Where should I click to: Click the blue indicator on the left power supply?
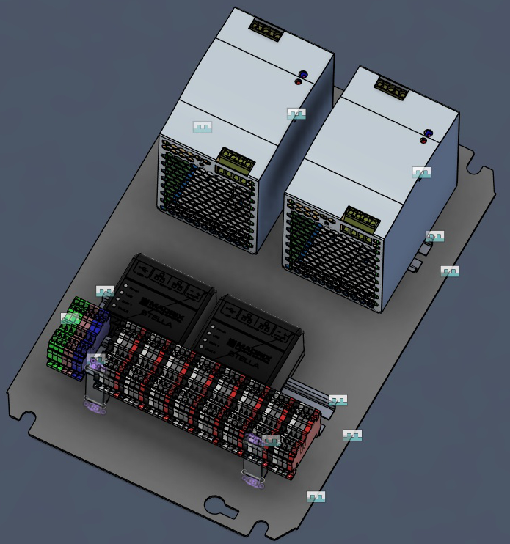pos(302,74)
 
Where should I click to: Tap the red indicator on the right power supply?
pos(423,140)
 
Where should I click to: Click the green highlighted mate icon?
pos(70,318)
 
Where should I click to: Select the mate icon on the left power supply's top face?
pos(203,127)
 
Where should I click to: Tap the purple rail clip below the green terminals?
pos(93,405)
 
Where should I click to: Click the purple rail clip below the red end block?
pos(252,481)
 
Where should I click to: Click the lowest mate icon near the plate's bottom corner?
pos(316,496)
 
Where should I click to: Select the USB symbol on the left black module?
pos(144,271)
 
